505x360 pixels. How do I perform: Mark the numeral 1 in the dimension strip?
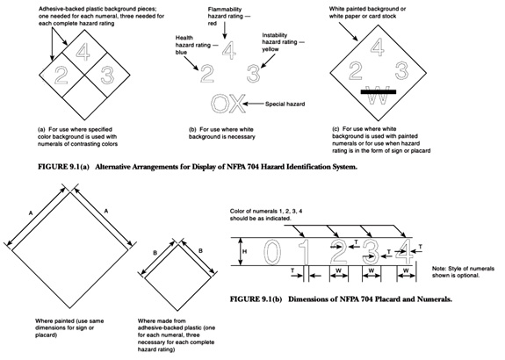(x=304, y=256)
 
